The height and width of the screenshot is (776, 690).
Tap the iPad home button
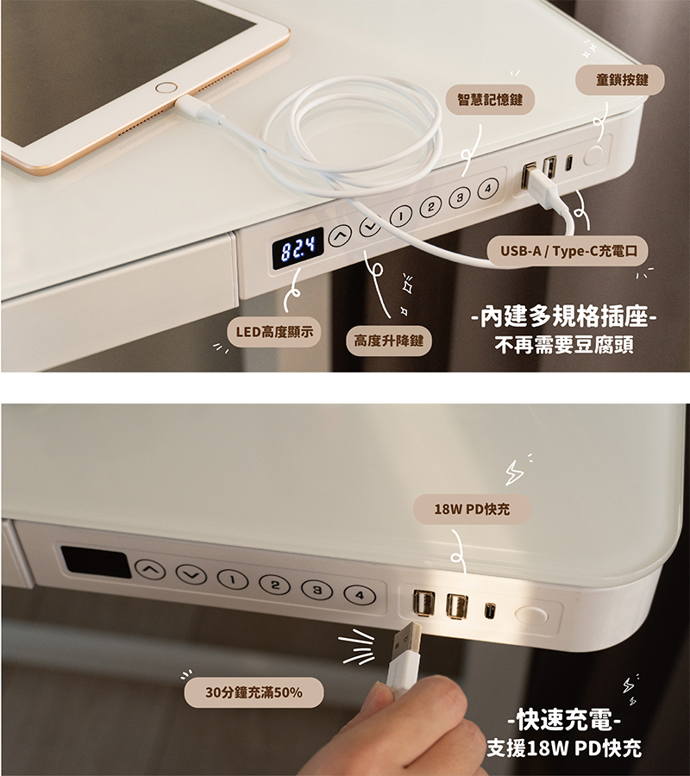pyautogui.click(x=166, y=88)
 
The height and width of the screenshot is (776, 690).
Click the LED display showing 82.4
pyautogui.click(x=298, y=248)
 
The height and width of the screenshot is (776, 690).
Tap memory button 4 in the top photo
pyautogui.click(x=488, y=188)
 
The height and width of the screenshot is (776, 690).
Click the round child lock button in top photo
pyautogui.click(x=594, y=155)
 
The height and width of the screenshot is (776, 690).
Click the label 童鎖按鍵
pyautogui.click(x=620, y=79)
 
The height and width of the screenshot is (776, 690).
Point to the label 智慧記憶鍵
pyautogui.click(x=490, y=99)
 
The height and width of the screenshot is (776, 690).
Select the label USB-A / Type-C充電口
pyautogui.click(x=568, y=251)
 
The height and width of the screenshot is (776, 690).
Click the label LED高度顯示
pyautogui.click(x=274, y=332)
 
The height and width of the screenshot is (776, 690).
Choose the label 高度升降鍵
pyautogui.click(x=389, y=341)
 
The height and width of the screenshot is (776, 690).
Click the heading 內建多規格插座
pyautogui.click(x=564, y=316)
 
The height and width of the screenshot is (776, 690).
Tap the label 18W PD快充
pyautogui.click(x=472, y=509)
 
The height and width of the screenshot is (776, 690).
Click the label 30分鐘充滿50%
pyautogui.click(x=254, y=692)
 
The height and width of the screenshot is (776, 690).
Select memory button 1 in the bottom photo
pyautogui.click(x=233, y=579)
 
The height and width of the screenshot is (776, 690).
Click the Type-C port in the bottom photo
pyautogui.click(x=490, y=610)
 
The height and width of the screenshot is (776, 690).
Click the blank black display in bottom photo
pyautogui.click(x=96, y=562)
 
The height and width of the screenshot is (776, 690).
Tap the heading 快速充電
pyautogui.click(x=564, y=720)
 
